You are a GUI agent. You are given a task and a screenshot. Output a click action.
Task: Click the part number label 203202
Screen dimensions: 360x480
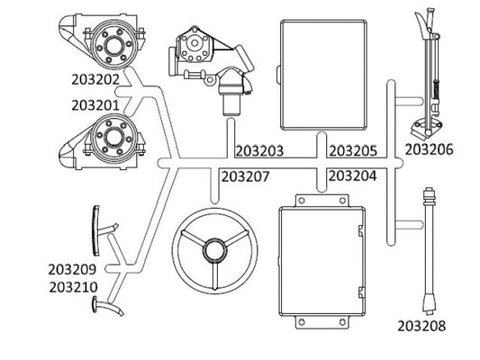[95, 79]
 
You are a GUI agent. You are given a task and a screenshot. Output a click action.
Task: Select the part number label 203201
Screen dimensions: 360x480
[95, 105]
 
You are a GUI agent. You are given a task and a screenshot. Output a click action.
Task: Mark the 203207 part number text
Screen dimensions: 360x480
[245, 176]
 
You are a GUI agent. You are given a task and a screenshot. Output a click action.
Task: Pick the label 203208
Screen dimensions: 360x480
[421, 326]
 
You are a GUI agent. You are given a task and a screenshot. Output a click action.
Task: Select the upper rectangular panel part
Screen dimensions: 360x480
[323, 74]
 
